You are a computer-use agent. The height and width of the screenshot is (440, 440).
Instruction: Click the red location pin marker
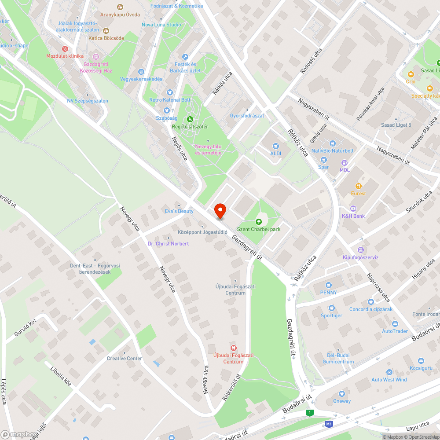coord(220,211)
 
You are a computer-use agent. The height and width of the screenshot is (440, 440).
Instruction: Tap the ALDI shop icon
coord(275,146)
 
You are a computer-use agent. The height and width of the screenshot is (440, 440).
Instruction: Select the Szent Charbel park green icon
coord(259,221)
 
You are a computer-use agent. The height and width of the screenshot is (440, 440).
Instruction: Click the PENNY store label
coord(328,293)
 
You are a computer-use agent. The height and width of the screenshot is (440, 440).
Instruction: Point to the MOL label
coord(345,170)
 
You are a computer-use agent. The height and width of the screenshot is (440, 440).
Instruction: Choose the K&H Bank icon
coord(353,209)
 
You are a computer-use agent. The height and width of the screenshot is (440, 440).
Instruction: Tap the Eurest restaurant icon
coord(359,186)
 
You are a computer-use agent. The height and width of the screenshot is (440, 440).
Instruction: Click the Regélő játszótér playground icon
coord(190,119)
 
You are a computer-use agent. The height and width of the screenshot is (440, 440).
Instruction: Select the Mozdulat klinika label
coord(65,56)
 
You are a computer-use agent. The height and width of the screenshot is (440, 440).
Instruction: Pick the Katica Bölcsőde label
coord(106,38)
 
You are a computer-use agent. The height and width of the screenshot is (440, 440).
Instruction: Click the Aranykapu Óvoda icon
coord(120,7)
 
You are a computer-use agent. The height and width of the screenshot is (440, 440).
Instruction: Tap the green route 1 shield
coord(310,412)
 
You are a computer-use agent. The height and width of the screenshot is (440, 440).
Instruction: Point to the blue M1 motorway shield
coord(329,424)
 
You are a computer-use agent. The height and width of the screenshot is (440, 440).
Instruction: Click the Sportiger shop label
coord(331,315)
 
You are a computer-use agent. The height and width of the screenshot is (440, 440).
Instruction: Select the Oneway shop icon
coord(341,394)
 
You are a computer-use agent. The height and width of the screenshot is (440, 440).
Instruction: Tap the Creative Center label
coord(125,358)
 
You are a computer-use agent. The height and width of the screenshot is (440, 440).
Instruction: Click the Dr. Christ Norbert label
coord(168,244)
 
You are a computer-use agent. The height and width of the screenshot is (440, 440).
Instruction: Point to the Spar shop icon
coord(324,160)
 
